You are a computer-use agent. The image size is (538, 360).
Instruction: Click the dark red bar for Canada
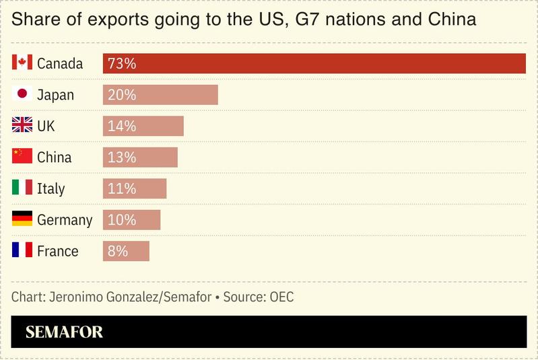pyautogui.click(x=314, y=63)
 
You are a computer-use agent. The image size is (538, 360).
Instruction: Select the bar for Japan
pyautogui.click(x=160, y=95)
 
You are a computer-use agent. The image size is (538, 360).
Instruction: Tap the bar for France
pyautogui.click(x=126, y=251)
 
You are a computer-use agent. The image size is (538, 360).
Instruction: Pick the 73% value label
pyautogui.click(x=122, y=64)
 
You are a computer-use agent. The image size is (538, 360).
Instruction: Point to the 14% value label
pyautogui.click(x=122, y=126)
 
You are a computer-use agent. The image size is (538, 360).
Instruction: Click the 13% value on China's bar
pyautogui.click(x=122, y=157)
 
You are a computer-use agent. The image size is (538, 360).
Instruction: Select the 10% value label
pyautogui.click(x=122, y=219)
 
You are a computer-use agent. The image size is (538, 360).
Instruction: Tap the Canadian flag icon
pyautogui.click(x=22, y=63)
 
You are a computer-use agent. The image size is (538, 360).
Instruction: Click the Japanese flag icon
pyautogui.click(x=22, y=94)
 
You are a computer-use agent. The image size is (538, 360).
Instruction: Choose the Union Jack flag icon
pyautogui.click(x=22, y=125)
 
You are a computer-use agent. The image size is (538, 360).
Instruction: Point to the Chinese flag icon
pyautogui.click(x=22, y=157)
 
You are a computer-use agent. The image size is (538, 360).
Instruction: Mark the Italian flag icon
pyautogui.click(x=22, y=188)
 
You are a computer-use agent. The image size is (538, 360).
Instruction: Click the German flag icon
pyautogui.click(x=22, y=219)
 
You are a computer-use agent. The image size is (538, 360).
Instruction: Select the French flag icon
pyautogui.click(x=22, y=250)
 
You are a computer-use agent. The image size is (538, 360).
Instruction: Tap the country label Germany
pyautogui.click(x=65, y=220)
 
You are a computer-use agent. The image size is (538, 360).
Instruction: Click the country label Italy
pyautogui.click(x=51, y=188)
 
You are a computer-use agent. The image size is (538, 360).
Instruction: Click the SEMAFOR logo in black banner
pyautogui.click(x=65, y=332)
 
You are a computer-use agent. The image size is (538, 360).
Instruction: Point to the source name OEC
pyautogui.click(x=281, y=297)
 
